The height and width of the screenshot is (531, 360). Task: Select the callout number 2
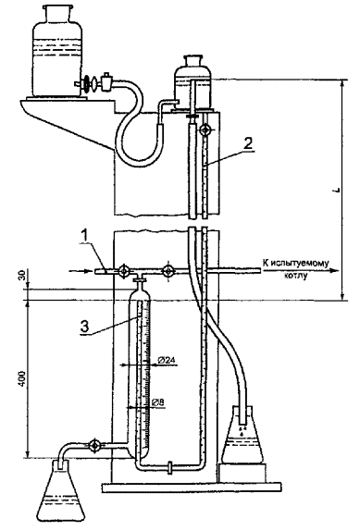(x=248, y=143)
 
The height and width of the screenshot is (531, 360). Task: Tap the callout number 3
(x=84, y=327)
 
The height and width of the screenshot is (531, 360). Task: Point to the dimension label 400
(x=21, y=379)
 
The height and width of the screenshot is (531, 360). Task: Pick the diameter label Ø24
(x=167, y=361)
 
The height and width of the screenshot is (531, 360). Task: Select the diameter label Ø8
(x=158, y=402)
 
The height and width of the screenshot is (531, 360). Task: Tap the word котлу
(x=295, y=276)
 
